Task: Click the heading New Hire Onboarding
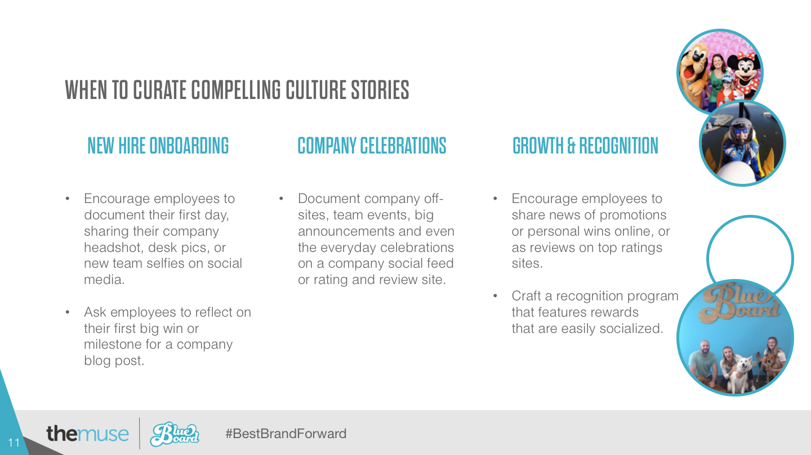click(158, 146)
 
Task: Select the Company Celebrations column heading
click(372, 146)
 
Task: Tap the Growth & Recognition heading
click(586, 146)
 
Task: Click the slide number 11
click(14, 442)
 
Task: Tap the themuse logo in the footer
click(87, 433)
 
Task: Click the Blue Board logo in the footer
click(175, 434)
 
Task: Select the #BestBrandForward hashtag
click(286, 433)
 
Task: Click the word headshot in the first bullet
click(113, 247)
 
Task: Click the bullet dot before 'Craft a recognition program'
click(495, 296)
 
